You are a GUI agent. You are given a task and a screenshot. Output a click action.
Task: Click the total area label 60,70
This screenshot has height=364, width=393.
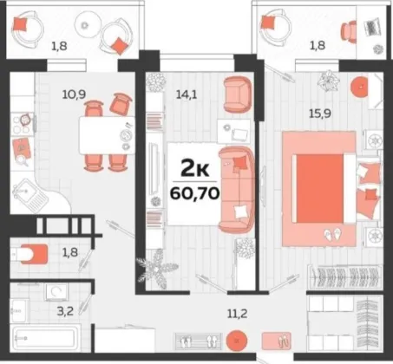tap(194, 193)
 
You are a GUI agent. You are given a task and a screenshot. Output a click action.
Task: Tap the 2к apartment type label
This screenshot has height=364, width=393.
tap(194, 168)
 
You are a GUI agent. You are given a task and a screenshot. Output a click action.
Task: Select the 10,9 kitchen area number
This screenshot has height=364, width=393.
tap(74, 94)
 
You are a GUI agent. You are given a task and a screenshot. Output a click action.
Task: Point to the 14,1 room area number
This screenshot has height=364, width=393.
tap(187, 94)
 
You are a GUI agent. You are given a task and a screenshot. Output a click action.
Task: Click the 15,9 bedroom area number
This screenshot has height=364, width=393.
tap(320, 114)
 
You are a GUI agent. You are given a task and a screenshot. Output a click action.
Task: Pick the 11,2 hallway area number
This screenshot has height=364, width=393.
tap(237, 313)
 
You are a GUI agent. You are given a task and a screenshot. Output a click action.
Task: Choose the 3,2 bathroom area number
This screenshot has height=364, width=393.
tap(65, 311)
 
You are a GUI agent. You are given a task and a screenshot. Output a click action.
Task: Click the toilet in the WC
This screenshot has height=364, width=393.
tap(29, 254)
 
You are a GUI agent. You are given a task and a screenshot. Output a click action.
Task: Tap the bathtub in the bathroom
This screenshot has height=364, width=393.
tap(45, 337)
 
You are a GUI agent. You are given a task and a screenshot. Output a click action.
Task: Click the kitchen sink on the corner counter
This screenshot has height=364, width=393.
tap(29, 194)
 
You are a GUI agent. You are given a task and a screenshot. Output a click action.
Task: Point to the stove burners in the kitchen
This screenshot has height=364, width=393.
tap(23, 124)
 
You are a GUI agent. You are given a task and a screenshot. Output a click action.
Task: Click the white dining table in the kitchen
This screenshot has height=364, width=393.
tap(107, 135)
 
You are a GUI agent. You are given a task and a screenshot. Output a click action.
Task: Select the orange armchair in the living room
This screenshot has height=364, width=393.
tap(238, 94)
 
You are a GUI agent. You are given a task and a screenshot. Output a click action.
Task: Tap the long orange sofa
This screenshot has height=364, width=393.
tap(237, 190)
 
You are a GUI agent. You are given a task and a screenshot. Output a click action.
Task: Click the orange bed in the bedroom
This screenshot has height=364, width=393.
tap(337, 188)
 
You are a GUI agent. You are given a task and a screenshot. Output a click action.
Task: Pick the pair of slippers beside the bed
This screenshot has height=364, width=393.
tap(332, 234)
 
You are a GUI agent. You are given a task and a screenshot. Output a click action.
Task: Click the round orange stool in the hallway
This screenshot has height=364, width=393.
tap(237, 341)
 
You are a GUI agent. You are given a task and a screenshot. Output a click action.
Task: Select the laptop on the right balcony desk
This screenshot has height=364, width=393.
tap(373, 27)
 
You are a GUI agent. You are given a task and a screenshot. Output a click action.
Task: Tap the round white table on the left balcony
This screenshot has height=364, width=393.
tap(88, 25)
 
